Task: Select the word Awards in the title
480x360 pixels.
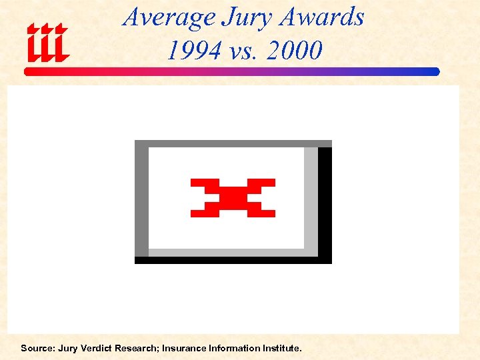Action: click(322, 17)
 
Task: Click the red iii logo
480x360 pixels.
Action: click(47, 43)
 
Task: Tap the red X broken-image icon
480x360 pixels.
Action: click(233, 198)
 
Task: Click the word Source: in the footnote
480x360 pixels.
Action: click(37, 348)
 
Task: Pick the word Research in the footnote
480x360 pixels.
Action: click(139, 348)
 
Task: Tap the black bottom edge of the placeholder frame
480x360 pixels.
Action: click(233, 260)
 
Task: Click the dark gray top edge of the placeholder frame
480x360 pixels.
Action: click(233, 143)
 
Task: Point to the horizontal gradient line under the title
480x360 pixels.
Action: click(233, 71)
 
